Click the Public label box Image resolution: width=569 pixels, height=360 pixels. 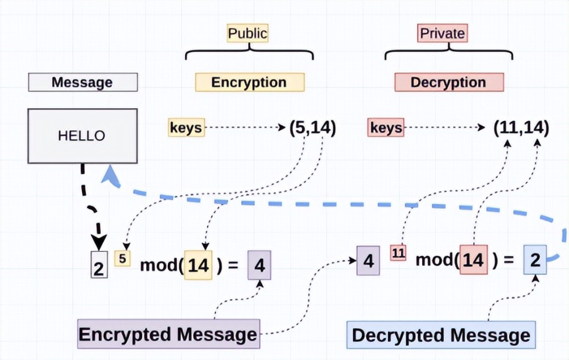[x=248, y=33]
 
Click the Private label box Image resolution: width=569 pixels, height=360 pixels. [x=442, y=33]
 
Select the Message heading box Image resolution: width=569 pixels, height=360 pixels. [x=83, y=82]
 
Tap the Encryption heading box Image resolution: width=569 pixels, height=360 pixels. [x=250, y=82]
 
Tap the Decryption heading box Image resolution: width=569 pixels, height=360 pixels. [x=450, y=82]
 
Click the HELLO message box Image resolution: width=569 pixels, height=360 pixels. [x=83, y=136]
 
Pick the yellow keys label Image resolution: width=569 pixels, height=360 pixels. [x=186, y=127]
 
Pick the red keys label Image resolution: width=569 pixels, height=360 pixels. [x=386, y=127]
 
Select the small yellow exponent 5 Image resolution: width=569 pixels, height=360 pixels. [x=122, y=259]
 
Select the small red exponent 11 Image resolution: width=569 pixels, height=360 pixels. [x=398, y=253]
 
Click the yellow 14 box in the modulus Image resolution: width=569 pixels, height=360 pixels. [x=198, y=265]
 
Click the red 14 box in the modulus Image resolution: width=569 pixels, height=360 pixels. [x=473, y=259]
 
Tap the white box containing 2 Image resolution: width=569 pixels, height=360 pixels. [x=99, y=264]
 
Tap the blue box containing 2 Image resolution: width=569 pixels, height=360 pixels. [x=535, y=259]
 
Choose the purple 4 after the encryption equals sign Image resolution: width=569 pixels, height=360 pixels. [x=259, y=265]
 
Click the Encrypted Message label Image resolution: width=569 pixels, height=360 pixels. [x=169, y=334]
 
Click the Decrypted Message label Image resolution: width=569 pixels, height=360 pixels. [x=441, y=335]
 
